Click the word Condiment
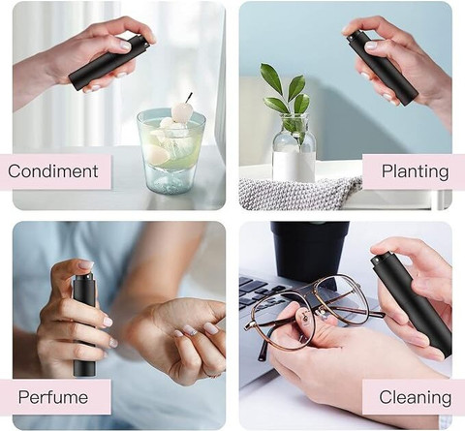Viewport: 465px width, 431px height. [53, 171]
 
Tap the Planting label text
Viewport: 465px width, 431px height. [416, 171]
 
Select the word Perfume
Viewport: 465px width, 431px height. [53, 397]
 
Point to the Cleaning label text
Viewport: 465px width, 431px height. [416, 398]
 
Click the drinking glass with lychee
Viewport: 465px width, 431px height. [170, 150]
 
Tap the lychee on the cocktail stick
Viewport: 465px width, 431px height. [180, 111]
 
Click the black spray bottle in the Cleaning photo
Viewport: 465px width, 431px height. [411, 303]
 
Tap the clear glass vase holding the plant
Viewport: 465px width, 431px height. [294, 148]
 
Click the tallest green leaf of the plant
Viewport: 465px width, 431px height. [271, 78]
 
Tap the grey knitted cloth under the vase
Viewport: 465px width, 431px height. [300, 193]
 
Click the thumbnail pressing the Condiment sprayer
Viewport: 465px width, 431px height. [126, 46]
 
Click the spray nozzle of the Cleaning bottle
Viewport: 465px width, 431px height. [376, 259]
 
